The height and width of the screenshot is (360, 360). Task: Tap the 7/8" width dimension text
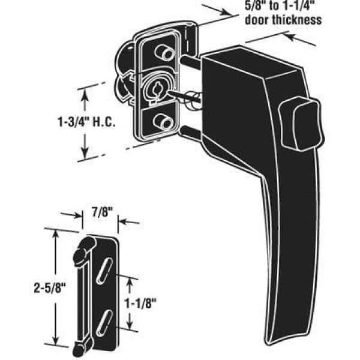(100, 212)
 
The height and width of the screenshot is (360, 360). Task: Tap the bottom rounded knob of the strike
(80, 346)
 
